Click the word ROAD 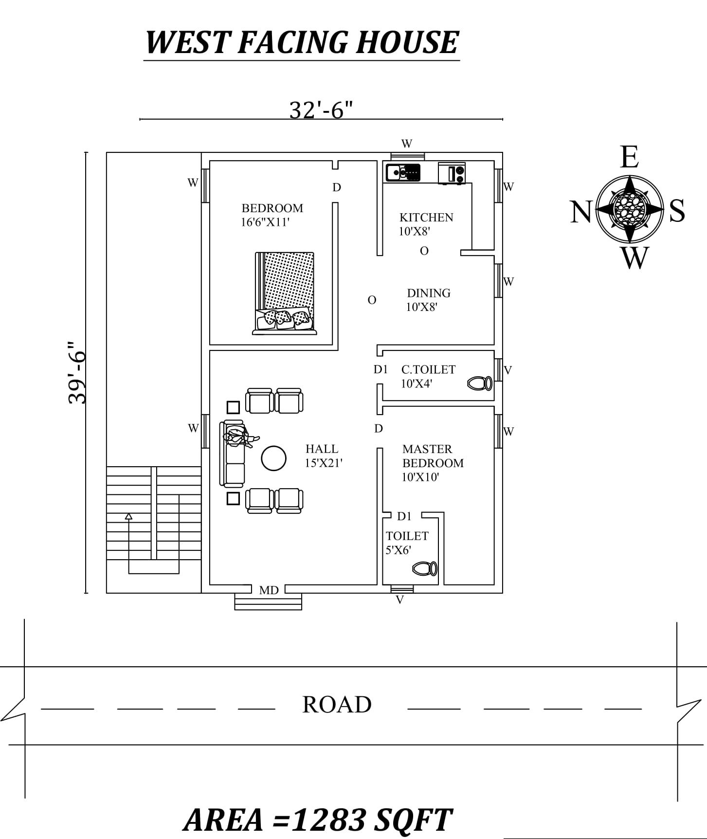(x=337, y=704)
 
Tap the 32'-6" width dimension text (x=321, y=110)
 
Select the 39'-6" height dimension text (x=77, y=372)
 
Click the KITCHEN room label (x=426, y=218)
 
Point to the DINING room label (x=428, y=293)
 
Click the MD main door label (x=269, y=590)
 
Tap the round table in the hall (x=273, y=458)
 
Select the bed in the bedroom (x=285, y=292)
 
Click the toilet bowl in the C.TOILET (x=480, y=383)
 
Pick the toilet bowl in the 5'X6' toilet (x=425, y=568)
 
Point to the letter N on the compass (x=580, y=212)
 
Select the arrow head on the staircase (x=128, y=516)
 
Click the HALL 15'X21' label (x=323, y=456)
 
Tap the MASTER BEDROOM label (x=432, y=456)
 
